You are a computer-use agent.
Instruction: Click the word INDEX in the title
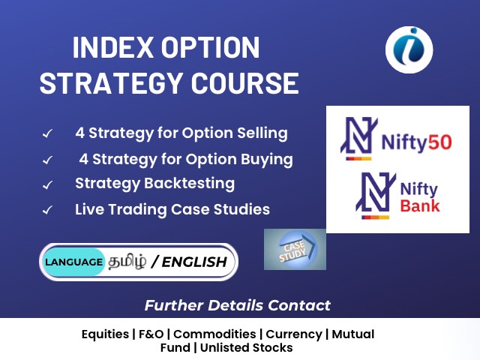click(x=112, y=47)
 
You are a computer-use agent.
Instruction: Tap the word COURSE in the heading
click(x=245, y=83)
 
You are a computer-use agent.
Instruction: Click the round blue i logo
click(x=409, y=50)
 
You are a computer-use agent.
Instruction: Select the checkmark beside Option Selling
click(x=47, y=133)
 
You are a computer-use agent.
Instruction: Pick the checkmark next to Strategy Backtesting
click(x=47, y=185)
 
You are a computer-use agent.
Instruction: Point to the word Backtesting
click(x=190, y=183)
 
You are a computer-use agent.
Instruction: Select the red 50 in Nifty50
click(x=440, y=142)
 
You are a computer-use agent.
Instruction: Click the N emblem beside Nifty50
click(x=358, y=138)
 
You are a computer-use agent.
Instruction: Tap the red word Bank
click(x=420, y=205)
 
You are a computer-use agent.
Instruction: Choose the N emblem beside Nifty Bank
click(x=376, y=195)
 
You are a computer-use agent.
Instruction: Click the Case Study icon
click(x=295, y=249)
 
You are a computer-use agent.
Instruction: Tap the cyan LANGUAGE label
click(x=73, y=262)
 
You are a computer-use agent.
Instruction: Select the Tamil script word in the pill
click(x=127, y=261)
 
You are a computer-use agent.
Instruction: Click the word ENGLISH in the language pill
click(x=194, y=262)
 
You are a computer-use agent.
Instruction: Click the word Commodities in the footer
click(x=214, y=334)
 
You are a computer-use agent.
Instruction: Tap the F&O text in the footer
click(x=151, y=334)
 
